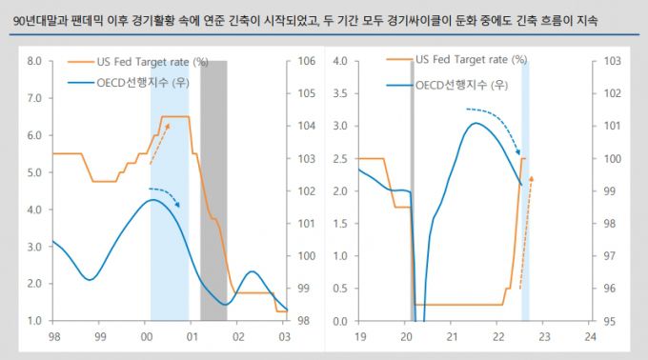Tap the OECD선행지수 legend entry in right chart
[x=461, y=85]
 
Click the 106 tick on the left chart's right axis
[x=307, y=61]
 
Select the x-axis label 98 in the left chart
[x=52, y=336]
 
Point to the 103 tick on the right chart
[x=612, y=61]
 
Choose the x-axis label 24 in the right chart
[x=591, y=336]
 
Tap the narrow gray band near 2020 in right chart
[x=412, y=190]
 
